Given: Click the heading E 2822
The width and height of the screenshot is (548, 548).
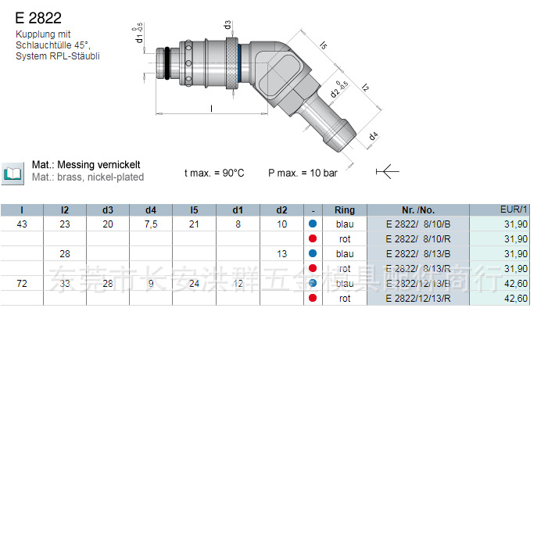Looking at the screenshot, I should [x=38, y=17].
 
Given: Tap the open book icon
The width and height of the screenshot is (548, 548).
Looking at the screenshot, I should [x=13, y=173].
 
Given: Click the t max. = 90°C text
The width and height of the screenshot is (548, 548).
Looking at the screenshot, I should [x=214, y=173].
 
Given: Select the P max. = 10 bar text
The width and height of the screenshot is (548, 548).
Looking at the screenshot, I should [x=303, y=173].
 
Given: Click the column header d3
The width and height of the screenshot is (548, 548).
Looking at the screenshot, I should [x=108, y=210].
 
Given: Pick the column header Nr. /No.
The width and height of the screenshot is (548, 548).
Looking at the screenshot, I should [x=417, y=210].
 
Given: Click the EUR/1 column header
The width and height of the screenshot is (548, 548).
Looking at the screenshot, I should [x=514, y=209].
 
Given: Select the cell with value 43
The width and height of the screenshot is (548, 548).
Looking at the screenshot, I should [x=22, y=224].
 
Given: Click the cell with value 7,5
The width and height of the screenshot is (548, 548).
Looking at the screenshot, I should [x=151, y=224].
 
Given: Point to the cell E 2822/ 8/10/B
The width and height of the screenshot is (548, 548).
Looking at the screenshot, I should [x=417, y=224].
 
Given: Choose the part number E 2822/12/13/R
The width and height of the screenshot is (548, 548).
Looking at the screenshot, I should [x=417, y=299].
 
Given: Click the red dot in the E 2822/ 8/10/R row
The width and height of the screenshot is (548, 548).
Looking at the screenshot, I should [x=313, y=239].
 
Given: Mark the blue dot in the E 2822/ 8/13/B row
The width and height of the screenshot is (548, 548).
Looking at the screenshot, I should [x=313, y=254].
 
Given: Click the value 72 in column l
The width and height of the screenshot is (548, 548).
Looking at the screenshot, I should [x=22, y=284].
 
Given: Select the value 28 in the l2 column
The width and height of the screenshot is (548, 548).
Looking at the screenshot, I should [x=65, y=254].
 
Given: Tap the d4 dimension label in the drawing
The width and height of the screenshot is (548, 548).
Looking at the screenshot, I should [x=374, y=137].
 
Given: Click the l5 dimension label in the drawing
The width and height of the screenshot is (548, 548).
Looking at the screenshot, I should [x=323, y=45].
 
